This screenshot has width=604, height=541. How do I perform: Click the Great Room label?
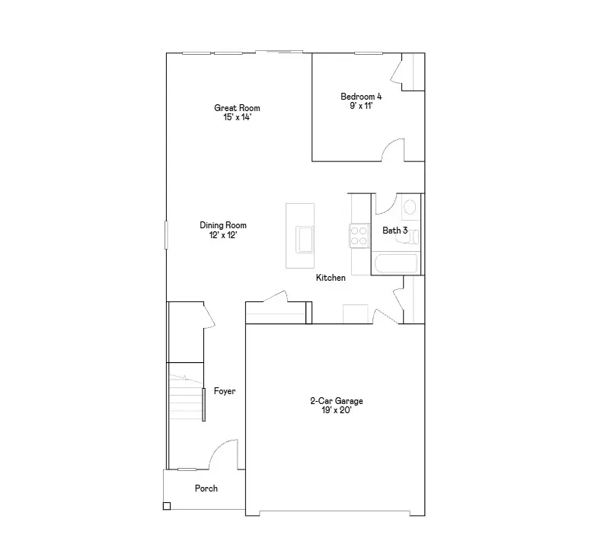[x=237, y=108]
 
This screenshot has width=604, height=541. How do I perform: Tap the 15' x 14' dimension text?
[x=237, y=118]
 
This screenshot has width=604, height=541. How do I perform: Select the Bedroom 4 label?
[x=361, y=97]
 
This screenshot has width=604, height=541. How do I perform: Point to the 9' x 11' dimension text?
[x=361, y=107]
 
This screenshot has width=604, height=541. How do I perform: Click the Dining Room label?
[x=223, y=225]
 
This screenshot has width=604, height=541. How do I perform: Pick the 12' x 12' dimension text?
[x=223, y=235]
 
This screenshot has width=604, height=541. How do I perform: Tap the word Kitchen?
[x=331, y=278]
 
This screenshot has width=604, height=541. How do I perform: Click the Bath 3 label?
[x=395, y=230]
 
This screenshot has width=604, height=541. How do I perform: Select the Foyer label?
[x=225, y=391]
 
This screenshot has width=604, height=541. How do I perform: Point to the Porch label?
[x=206, y=488]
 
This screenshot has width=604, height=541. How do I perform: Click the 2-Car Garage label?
[x=336, y=400]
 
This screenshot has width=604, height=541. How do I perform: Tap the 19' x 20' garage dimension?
[x=336, y=410]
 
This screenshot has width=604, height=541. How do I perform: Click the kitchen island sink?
[x=305, y=238]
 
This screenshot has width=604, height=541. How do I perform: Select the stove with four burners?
[x=358, y=235]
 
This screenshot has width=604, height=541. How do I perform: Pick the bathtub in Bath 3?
[x=395, y=264]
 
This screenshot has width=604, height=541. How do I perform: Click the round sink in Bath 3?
[x=409, y=206]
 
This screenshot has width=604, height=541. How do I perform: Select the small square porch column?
[x=167, y=506]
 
